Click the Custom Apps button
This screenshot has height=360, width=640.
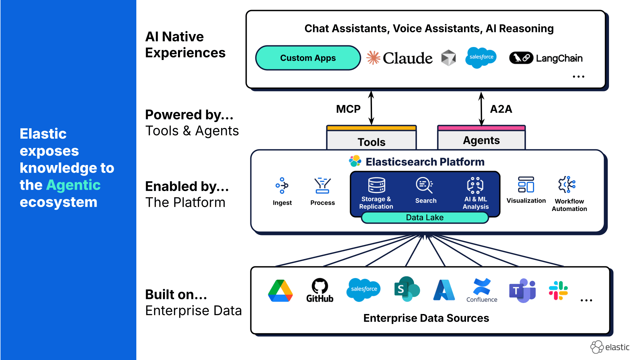(x=308, y=58)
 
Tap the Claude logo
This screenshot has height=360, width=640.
(x=400, y=58)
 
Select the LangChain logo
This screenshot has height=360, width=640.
(x=546, y=58)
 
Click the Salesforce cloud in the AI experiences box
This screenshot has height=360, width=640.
(x=481, y=57)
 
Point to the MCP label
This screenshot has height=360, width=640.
(x=348, y=109)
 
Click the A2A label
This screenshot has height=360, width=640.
(x=501, y=109)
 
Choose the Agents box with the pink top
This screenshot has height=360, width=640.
(x=481, y=138)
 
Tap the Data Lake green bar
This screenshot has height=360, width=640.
(x=425, y=218)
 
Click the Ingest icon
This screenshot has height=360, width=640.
(x=282, y=186)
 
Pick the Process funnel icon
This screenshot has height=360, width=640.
(x=322, y=186)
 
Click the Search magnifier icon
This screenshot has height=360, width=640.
(x=424, y=185)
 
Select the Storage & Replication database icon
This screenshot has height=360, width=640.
(x=376, y=185)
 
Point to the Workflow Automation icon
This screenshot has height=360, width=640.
(x=567, y=185)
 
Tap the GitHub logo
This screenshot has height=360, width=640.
(x=320, y=290)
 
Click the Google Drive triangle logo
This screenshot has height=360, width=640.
(x=280, y=291)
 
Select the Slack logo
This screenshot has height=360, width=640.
(x=558, y=290)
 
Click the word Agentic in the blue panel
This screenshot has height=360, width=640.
(x=73, y=185)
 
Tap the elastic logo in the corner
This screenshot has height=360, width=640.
(x=610, y=347)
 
